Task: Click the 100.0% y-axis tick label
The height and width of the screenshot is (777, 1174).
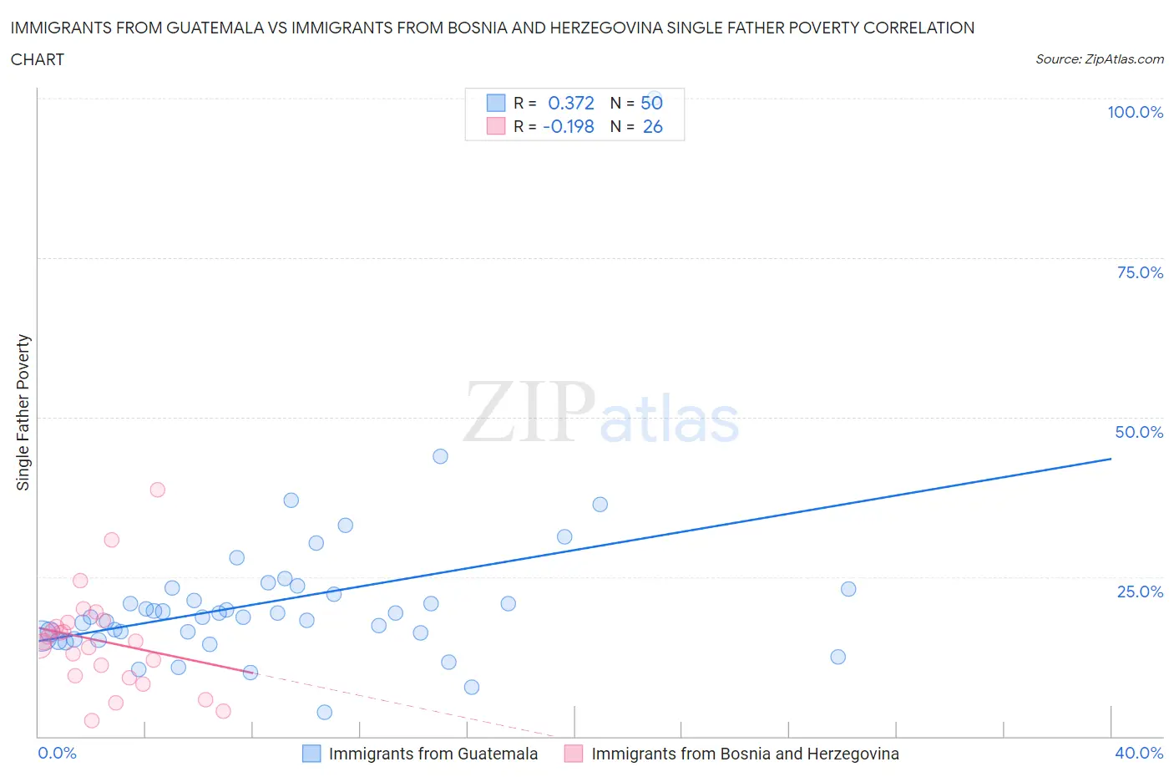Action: pos(1135,112)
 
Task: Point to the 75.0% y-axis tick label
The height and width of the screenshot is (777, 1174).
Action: pos(1140,272)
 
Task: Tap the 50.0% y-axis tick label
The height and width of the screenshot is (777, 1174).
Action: pos(1139,432)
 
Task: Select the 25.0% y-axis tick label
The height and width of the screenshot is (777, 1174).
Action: pos(1140,592)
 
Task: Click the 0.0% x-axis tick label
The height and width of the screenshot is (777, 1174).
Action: pos(57,753)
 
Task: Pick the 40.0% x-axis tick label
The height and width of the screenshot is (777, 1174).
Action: pos(1139,753)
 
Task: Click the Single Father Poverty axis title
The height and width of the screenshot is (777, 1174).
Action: pos(23,413)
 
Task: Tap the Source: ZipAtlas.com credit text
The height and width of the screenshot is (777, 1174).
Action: pos(1099,58)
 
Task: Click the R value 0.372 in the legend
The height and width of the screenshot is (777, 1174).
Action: pos(570,103)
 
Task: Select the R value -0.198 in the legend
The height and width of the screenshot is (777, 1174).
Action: pos(568,126)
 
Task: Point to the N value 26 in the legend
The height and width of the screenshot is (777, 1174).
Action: pos(652,126)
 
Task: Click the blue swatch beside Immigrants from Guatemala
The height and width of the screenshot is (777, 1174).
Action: pos(311,754)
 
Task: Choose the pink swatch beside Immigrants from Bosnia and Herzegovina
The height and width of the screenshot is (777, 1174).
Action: pos(574,754)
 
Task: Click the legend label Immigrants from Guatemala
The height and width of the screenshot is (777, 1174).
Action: pos(433,754)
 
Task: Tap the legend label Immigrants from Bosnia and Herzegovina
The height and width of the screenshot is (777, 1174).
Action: pos(745,754)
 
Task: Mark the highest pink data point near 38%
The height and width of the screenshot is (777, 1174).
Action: pos(157,490)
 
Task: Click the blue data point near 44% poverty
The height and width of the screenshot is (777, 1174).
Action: pos(440,456)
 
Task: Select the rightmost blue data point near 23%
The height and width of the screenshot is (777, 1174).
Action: pos(848,589)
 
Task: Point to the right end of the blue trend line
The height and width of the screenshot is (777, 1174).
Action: pos(1111,459)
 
